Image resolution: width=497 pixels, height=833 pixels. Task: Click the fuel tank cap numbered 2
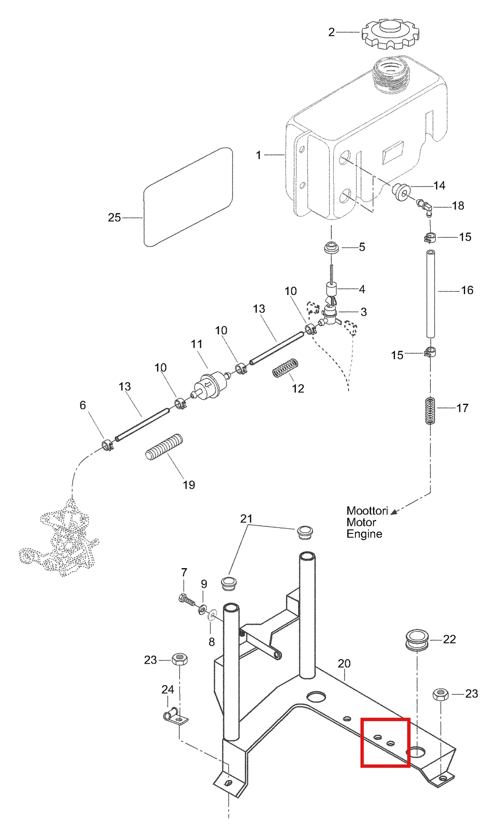[x=390, y=33]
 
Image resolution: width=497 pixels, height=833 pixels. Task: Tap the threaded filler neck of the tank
[x=392, y=74]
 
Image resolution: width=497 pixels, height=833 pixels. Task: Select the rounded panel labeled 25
[x=188, y=197]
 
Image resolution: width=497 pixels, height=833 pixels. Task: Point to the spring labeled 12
[x=285, y=367]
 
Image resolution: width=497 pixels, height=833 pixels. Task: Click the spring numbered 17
[x=431, y=410]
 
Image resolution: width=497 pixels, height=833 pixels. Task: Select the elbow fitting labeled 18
[x=425, y=207]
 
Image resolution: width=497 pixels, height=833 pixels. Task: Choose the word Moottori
[x=367, y=511]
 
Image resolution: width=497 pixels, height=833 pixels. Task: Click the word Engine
[x=364, y=534]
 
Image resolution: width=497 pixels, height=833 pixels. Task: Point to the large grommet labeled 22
[x=417, y=640]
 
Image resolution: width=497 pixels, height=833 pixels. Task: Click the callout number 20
[x=344, y=664]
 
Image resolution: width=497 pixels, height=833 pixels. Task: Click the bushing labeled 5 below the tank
[x=331, y=248]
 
